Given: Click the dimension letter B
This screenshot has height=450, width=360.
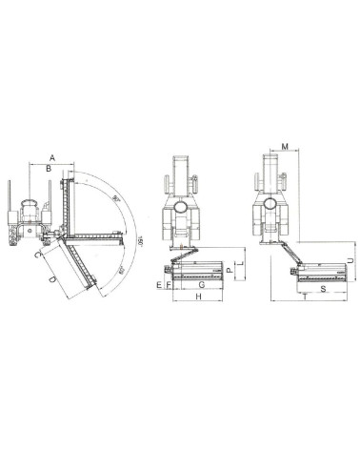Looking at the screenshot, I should (49, 170).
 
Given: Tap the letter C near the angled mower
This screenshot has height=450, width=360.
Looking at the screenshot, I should (35, 255).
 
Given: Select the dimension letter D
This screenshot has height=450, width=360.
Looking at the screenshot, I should (51, 277).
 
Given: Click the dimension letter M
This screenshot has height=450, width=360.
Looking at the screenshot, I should (285, 147).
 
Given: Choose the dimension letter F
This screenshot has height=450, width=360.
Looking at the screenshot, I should (169, 285).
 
